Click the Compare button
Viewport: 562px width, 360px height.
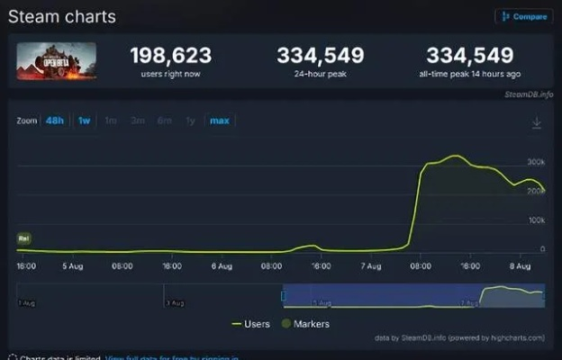tap(523, 16)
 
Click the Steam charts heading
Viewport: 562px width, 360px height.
tap(62, 16)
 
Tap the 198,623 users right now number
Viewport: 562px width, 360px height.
tap(170, 56)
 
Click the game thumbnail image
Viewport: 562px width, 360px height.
tap(56, 61)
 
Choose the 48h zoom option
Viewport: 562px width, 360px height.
tap(55, 121)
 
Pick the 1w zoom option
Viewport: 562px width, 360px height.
tap(84, 121)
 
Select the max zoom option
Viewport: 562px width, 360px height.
tap(219, 121)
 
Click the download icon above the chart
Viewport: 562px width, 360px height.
tap(537, 122)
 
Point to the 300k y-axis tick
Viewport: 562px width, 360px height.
tap(536, 161)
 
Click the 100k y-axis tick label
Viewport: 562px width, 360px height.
tap(536, 220)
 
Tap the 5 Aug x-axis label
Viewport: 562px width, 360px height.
tap(72, 266)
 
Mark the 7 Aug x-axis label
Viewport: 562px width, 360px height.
tap(370, 266)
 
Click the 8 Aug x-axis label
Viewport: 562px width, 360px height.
tap(519, 266)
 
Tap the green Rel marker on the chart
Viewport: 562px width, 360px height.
tap(23, 238)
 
